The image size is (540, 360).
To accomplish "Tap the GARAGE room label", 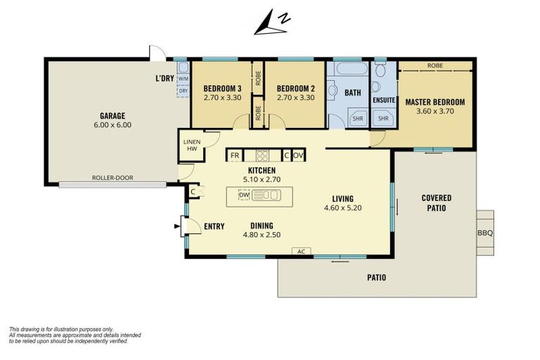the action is click(x=112, y=116).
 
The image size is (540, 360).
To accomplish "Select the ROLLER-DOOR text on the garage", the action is click(x=112, y=178).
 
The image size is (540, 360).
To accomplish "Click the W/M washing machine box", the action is click(x=184, y=79).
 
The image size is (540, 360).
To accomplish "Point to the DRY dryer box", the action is click(x=184, y=91).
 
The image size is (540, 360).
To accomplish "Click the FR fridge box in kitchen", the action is click(x=235, y=155).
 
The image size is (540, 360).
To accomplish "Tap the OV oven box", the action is click(x=298, y=155).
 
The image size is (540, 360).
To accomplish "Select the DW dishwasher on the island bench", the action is click(x=244, y=195).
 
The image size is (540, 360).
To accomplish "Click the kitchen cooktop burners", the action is click(x=262, y=155).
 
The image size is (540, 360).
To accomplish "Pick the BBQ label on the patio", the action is click(x=485, y=233).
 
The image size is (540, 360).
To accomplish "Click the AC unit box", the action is click(x=302, y=252).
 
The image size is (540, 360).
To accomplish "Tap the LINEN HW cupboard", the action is click(x=192, y=146).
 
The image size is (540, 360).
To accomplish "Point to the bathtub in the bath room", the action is click(x=352, y=68).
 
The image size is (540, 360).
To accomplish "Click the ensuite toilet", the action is click(x=380, y=70).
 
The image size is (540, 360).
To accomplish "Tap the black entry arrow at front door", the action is click(x=177, y=226).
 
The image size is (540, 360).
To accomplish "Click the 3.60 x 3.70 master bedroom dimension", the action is click(x=435, y=111).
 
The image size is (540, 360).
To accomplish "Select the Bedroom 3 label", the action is click(x=222, y=89).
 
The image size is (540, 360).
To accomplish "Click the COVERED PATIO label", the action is click(x=437, y=203).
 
